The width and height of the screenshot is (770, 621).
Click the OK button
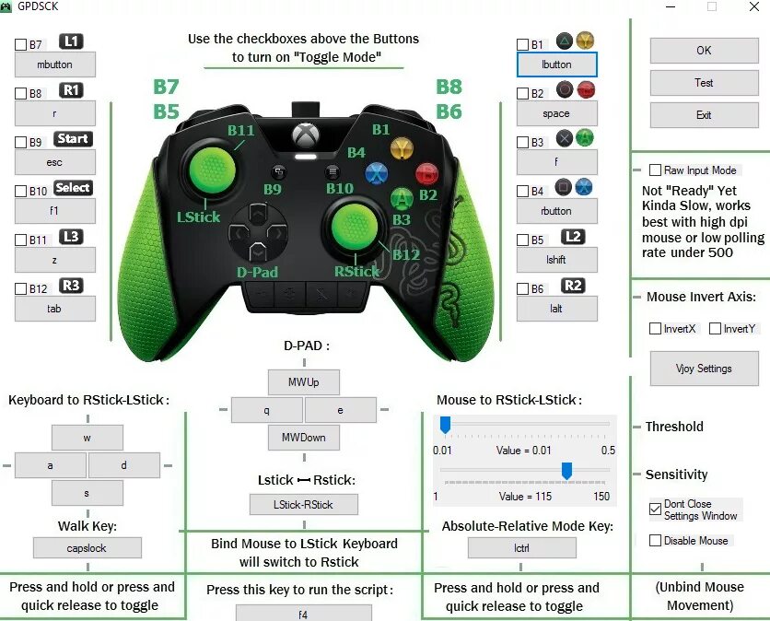click(x=704, y=51)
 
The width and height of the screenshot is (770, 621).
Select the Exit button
click(x=704, y=115)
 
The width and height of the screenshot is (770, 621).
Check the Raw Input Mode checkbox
click(x=655, y=170)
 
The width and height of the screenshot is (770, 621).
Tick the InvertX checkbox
click(x=655, y=329)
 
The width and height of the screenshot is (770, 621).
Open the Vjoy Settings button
click(x=704, y=369)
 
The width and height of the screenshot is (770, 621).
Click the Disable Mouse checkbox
click(x=655, y=541)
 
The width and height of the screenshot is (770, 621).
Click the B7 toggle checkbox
click(x=20, y=44)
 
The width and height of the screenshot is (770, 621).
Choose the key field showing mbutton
click(x=55, y=65)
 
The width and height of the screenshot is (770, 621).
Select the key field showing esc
click(x=55, y=162)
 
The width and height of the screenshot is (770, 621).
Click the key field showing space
click(x=556, y=114)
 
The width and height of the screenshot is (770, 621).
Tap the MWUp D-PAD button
click(x=304, y=382)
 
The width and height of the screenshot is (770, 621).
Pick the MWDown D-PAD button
click(x=304, y=438)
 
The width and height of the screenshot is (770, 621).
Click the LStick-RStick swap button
click(x=304, y=504)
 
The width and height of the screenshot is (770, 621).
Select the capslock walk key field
click(x=87, y=548)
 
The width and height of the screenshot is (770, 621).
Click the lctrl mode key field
click(x=521, y=548)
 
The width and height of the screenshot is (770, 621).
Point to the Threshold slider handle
click(x=445, y=425)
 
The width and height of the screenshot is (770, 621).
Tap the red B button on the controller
click(x=426, y=173)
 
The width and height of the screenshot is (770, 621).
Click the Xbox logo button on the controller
click(x=306, y=135)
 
